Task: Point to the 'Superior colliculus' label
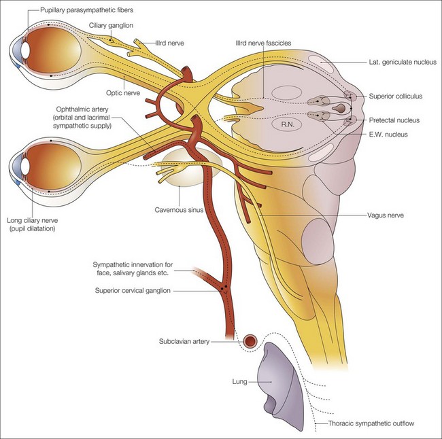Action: point(396,96)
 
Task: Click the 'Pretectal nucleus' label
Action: point(394,120)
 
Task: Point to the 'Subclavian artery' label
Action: point(180,342)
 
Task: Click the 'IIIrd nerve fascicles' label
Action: point(262,43)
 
